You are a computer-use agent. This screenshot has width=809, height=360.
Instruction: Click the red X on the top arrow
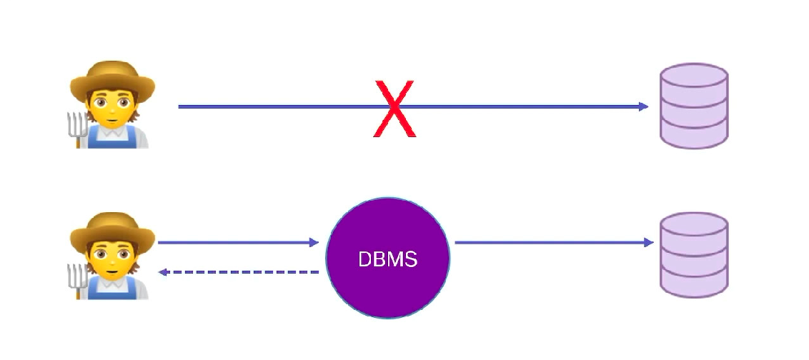pyautogui.click(x=394, y=108)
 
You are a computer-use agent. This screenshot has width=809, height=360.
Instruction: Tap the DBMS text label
pyautogui.click(x=387, y=259)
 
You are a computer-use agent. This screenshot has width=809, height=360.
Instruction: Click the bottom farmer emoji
pyautogui.click(x=111, y=255)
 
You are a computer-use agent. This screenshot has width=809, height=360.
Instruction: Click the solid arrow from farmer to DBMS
pyautogui.click(x=236, y=243)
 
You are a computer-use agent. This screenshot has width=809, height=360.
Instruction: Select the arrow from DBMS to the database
pyautogui.click(x=550, y=243)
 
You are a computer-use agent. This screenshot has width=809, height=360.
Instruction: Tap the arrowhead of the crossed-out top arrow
pyautogui.click(x=644, y=106)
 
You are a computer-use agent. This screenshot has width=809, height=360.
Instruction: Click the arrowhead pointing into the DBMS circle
pyautogui.click(x=314, y=243)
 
